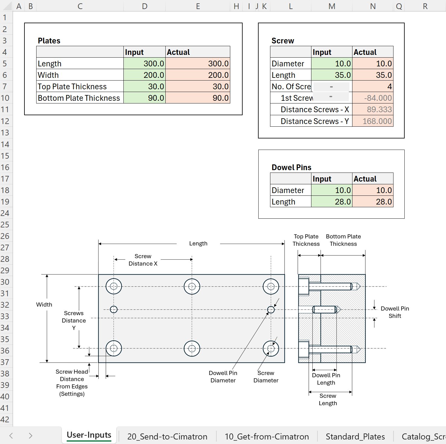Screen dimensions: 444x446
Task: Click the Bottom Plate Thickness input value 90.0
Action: point(145,98)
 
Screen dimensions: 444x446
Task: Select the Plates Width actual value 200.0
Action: point(198,75)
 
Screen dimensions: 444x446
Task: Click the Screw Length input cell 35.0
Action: point(332,75)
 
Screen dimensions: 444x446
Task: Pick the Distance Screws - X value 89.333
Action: point(373,109)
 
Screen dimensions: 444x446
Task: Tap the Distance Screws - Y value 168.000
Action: point(373,121)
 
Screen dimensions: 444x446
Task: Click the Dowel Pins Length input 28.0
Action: point(332,202)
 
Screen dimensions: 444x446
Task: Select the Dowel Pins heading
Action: point(291,167)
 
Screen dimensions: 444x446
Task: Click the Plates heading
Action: point(49,41)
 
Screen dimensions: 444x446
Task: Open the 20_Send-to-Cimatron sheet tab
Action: point(167,436)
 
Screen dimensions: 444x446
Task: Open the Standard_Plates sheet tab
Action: point(355,436)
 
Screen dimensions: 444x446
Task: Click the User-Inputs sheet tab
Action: point(89,435)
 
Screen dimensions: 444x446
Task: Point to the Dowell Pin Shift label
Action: point(395,312)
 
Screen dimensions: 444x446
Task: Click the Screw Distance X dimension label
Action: point(143,260)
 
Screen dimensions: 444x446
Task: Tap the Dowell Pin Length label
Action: point(326,379)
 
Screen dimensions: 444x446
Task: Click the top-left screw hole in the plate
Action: point(114,286)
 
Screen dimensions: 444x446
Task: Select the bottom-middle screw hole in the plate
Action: point(192,349)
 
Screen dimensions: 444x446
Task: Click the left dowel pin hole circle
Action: point(114,309)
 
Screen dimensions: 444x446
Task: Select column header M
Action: point(332,6)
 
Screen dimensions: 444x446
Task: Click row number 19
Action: point(5,202)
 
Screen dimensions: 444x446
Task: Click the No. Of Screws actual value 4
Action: point(373,87)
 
